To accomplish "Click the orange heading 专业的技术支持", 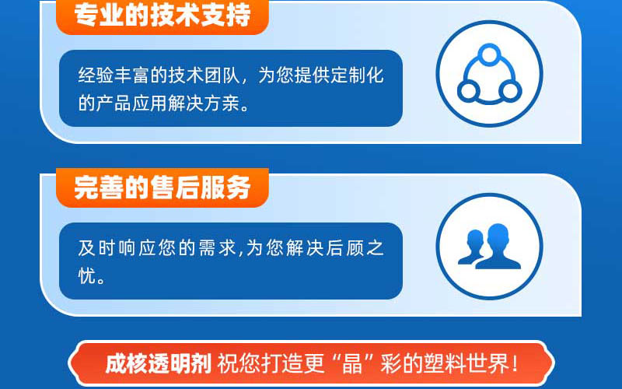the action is (162, 14).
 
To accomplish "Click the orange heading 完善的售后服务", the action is (162, 187).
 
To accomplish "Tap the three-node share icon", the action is (489, 74).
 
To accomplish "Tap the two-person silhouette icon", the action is (489, 246).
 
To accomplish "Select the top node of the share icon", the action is (489, 54).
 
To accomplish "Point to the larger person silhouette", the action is (498, 246).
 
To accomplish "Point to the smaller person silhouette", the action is (471, 247).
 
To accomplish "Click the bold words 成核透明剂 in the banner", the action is (158, 363).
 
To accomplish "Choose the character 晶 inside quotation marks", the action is (352, 363).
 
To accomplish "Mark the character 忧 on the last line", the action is (87, 276).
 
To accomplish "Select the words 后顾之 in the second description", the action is (355, 248).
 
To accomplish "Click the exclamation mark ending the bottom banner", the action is (515, 363).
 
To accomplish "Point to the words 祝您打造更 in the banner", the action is (271, 363).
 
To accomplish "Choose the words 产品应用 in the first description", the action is (131, 103).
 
